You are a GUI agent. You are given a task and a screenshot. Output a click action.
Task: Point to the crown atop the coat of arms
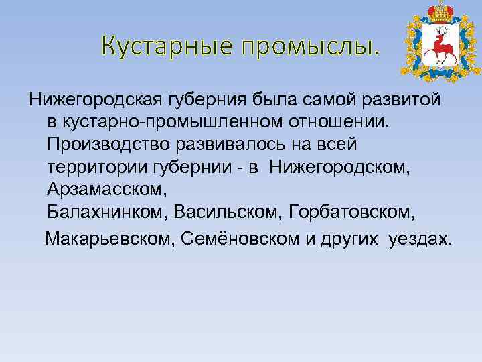click(x=441, y=12)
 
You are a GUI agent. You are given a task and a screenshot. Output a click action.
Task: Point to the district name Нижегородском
click(x=347, y=167)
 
